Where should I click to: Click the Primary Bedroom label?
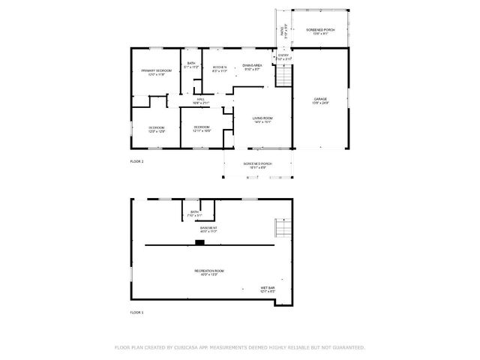(157, 72)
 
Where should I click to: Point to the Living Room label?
(262, 120)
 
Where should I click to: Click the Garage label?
(320, 100)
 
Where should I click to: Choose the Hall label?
(201, 101)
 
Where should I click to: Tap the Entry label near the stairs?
(283, 56)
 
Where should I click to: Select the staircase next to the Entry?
(283, 74)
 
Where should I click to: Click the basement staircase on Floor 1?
(283, 227)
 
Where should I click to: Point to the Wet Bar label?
(268, 289)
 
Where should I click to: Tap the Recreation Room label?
(209, 272)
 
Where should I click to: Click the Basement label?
(208, 229)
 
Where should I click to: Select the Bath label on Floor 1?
(194, 214)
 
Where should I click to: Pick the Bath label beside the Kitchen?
(191, 65)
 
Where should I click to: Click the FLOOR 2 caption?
(136, 161)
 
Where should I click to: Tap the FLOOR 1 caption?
(136, 312)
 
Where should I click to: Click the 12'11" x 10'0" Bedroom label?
(202, 129)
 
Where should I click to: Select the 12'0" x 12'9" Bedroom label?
(156, 130)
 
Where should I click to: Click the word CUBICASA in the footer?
(187, 348)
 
